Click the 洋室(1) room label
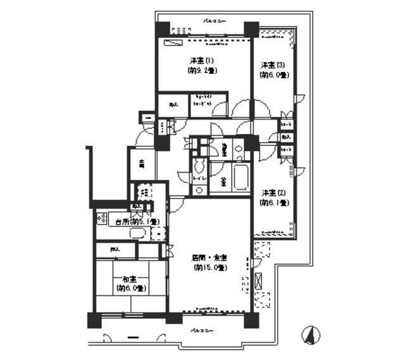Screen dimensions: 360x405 202,61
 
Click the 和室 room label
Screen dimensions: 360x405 131,279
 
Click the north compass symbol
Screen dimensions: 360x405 310,333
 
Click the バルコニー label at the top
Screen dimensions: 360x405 214,20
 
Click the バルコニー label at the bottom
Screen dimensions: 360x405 203,331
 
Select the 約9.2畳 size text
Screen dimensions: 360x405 202,71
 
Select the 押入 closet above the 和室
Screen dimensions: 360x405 116,250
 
